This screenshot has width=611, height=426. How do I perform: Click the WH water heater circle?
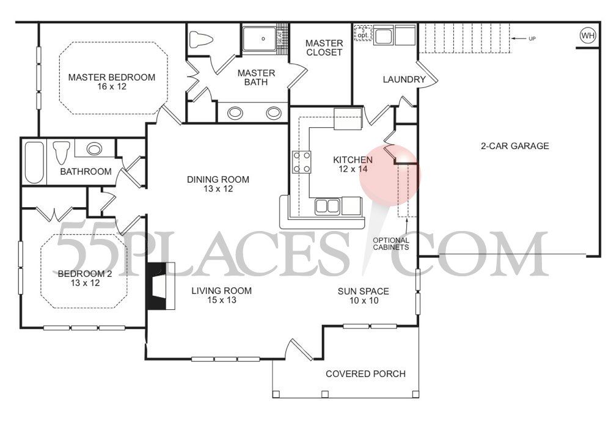(x=588, y=36)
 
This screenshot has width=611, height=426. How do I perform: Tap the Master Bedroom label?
(x=111, y=78)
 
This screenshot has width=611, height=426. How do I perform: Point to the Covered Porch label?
(x=365, y=374)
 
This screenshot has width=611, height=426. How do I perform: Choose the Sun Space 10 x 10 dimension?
(x=363, y=301)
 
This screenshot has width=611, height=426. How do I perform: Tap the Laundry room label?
(x=403, y=79)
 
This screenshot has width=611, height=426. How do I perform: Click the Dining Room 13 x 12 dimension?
(x=218, y=189)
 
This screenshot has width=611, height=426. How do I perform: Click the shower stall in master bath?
(x=263, y=39)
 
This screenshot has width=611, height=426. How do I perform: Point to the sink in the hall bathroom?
(x=93, y=149)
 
